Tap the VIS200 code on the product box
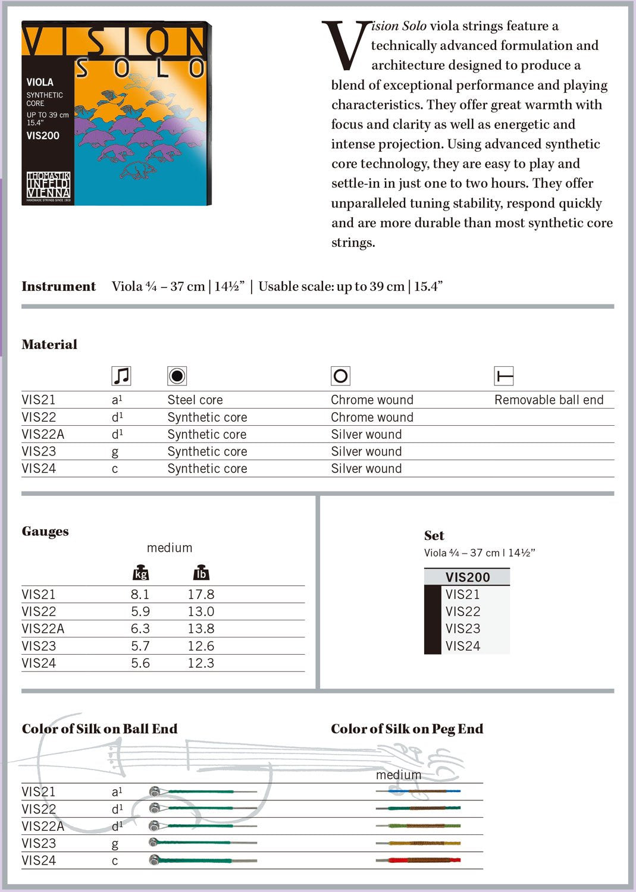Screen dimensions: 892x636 pyautogui.click(x=43, y=136)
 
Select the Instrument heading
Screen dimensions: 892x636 pyautogui.click(x=58, y=286)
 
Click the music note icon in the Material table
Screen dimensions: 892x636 pyautogui.click(x=121, y=376)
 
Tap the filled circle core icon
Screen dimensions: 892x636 pyautogui.click(x=177, y=376)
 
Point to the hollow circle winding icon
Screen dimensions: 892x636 pyautogui.click(x=340, y=376)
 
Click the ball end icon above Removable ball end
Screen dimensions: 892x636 pyautogui.click(x=504, y=376)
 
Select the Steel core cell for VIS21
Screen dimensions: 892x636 pyautogui.click(x=195, y=400)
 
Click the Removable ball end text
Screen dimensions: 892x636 pyautogui.click(x=549, y=400)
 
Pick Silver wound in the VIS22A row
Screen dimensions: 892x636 pyautogui.click(x=366, y=434)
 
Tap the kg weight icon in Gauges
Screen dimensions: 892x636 pyautogui.click(x=140, y=573)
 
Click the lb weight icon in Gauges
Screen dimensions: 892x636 pyautogui.click(x=201, y=573)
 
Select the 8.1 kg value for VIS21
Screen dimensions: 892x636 pyautogui.click(x=140, y=594)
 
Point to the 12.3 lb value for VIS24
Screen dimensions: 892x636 pyautogui.click(x=201, y=663)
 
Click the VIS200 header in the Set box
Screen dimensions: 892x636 pyautogui.click(x=468, y=577)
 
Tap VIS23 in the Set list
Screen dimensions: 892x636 pyautogui.click(x=463, y=629)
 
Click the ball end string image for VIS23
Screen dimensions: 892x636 pyautogui.click(x=202, y=843)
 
